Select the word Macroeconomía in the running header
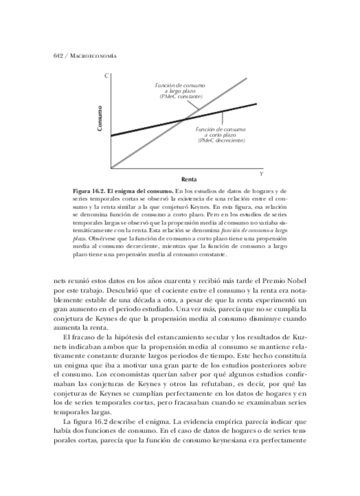click(x=90, y=56)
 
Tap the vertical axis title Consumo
click(x=100, y=118)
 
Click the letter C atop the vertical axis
click(x=106, y=77)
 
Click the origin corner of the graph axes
click(x=110, y=169)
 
